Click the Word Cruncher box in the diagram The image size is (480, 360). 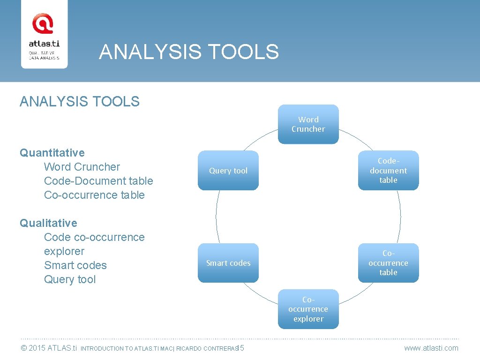click(308, 124)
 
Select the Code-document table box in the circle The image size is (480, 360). click(388, 171)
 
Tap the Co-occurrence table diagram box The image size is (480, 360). click(388, 263)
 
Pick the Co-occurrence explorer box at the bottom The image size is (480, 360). click(308, 309)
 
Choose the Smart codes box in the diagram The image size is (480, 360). click(228, 263)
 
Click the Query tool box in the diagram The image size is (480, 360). click(228, 171)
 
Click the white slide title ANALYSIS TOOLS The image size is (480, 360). click(189, 52)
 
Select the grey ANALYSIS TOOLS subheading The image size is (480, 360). click(80, 101)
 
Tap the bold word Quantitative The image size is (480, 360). click(52, 153)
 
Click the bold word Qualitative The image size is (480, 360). click(48, 223)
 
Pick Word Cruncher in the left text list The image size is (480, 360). click(82, 167)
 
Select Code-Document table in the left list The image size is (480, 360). click(98, 181)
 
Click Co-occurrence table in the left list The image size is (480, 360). click(94, 195)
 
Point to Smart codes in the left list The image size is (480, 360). click(75, 265)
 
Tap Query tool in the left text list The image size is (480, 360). click(70, 279)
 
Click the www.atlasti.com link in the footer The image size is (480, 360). click(431, 348)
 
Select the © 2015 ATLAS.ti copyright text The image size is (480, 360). click(48, 348)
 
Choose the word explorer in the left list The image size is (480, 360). click(64, 251)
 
